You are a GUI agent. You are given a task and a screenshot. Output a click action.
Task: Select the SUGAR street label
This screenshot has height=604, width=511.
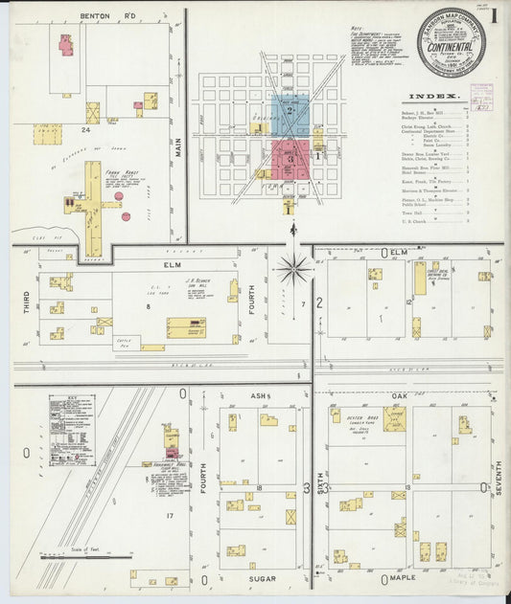tap(261, 579)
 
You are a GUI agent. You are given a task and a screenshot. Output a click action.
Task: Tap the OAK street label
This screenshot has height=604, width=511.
tap(400, 394)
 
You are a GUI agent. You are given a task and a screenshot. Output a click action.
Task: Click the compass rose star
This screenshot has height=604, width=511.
tap(293, 269)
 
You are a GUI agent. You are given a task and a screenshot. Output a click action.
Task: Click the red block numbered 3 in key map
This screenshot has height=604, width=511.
tap(290, 159)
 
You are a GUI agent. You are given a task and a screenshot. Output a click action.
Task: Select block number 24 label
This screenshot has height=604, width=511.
tap(85, 127)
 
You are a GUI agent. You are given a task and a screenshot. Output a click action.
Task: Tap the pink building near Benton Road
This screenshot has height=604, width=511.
tap(65, 44)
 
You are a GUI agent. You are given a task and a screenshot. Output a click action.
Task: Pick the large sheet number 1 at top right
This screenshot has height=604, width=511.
tap(495, 16)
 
